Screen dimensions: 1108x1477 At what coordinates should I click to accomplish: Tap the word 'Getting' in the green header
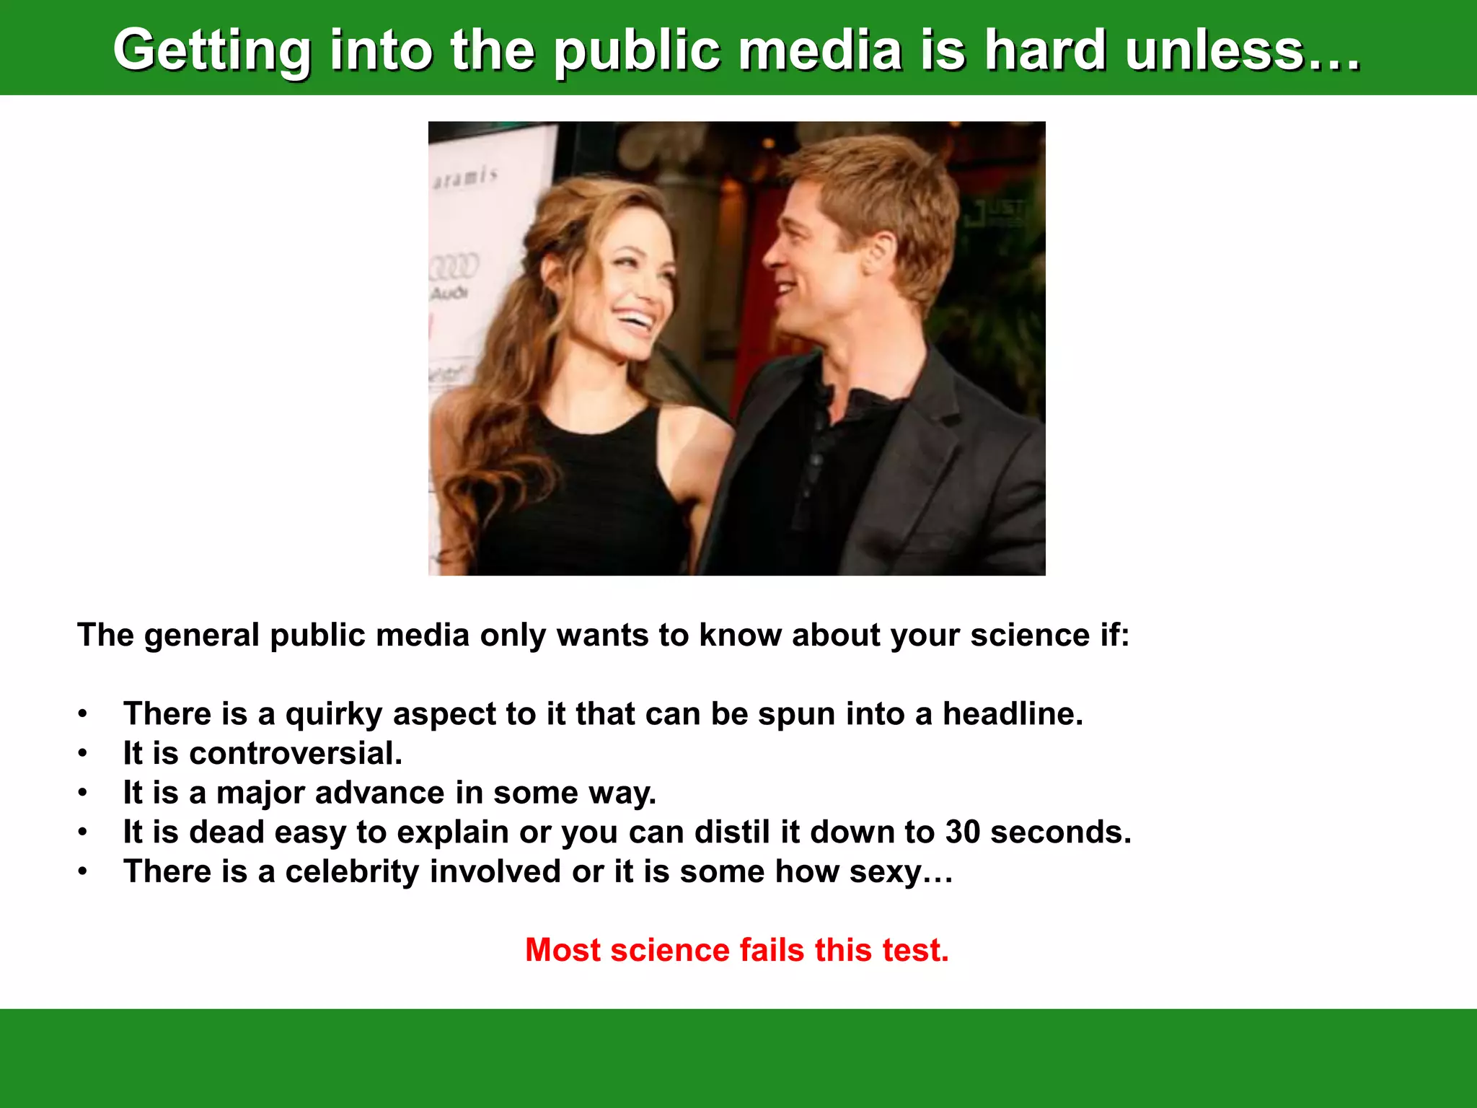click(212, 50)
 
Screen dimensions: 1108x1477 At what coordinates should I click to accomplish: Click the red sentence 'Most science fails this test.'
click(737, 949)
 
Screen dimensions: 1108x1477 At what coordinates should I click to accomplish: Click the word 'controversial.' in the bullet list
click(296, 753)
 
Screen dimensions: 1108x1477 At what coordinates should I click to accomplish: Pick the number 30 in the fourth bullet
click(963, 832)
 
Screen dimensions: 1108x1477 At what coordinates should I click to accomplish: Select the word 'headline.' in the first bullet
click(1013, 713)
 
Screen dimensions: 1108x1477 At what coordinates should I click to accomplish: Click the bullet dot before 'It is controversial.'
click(83, 754)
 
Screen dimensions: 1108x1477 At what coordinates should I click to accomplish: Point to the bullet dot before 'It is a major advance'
click(83, 793)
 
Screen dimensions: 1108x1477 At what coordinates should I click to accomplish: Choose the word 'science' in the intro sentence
click(1029, 635)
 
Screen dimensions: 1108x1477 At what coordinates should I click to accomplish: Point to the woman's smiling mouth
click(635, 318)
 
